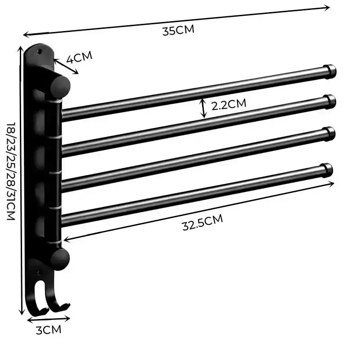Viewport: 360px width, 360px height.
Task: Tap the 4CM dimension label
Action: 80,57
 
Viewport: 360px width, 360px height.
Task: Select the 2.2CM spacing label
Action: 229,104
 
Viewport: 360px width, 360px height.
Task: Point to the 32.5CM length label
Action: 202,223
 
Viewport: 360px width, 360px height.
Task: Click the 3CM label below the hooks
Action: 48,330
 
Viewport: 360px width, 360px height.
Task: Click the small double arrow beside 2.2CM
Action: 204,108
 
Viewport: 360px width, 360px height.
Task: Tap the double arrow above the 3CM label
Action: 49,319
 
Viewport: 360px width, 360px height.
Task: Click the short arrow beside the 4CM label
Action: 66,66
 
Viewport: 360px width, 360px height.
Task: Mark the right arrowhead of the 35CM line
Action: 328,7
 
